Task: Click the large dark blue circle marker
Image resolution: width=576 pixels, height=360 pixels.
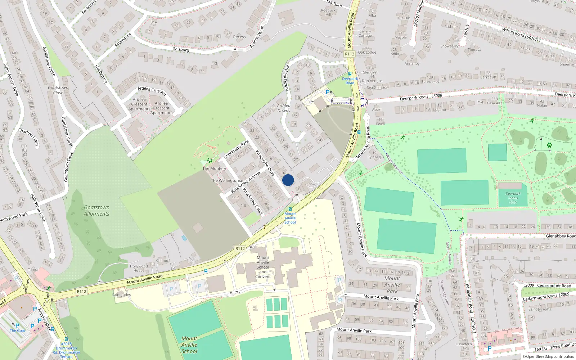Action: pyautogui.click(x=288, y=180)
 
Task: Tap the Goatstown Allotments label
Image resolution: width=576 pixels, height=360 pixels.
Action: pyautogui.click(x=96, y=211)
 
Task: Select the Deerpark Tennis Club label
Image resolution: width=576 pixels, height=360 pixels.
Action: pyautogui.click(x=513, y=198)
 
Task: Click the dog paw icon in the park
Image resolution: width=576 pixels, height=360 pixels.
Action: pyautogui.click(x=549, y=145)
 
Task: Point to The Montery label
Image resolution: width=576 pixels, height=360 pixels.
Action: pyautogui.click(x=214, y=168)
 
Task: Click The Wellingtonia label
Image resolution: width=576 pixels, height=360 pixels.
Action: pyautogui.click(x=226, y=180)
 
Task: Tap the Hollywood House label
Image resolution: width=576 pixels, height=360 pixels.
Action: pyautogui.click(x=139, y=268)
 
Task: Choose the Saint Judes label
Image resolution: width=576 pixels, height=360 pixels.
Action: pyautogui.click(x=121, y=294)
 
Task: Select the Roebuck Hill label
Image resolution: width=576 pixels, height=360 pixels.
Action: pyautogui.click(x=328, y=12)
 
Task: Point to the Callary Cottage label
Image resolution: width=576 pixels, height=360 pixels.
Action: pyautogui.click(x=365, y=33)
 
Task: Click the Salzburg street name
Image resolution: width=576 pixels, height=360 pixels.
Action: pyautogui.click(x=181, y=49)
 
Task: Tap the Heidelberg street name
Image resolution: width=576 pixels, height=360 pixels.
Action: pyautogui.click(x=101, y=74)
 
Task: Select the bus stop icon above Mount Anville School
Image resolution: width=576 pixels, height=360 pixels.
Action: pyautogui.click(x=290, y=209)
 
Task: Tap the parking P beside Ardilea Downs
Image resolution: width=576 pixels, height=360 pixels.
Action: pyautogui.click(x=328, y=92)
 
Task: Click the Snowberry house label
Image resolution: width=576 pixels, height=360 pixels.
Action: pyautogui.click(x=449, y=46)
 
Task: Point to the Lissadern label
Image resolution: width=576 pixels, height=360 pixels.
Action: pyautogui.click(x=464, y=344)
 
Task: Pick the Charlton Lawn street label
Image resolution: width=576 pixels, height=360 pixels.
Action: pyautogui.click(x=28, y=137)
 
